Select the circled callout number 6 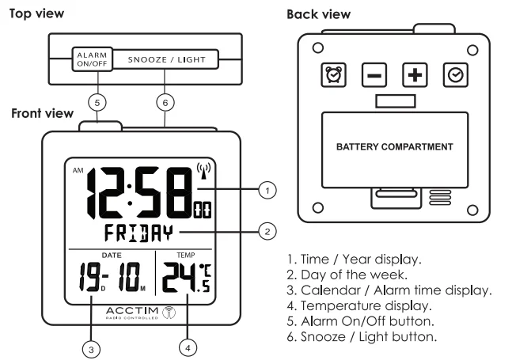tap(165, 102)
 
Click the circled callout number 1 tap(268, 190)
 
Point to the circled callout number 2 tap(268, 231)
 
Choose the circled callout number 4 tap(188, 346)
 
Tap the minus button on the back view tap(374, 75)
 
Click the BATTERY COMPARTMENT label tap(394, 147)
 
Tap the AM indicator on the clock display tap(78, 170)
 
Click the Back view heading tap(319, 15)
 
